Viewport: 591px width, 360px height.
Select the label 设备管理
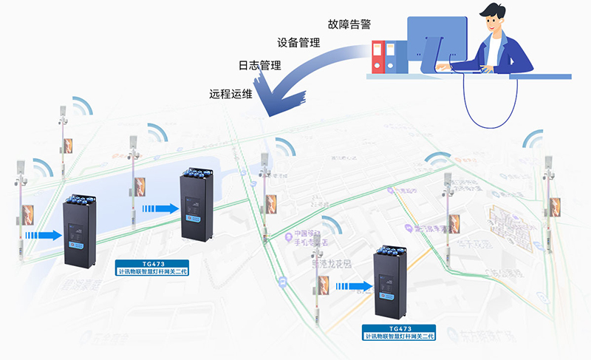pyautogui.click(x=298, y=43)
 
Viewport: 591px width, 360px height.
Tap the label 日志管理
pyautogui.click(x=259, y=66)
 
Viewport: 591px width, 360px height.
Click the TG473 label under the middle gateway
pyautogui.click(x=153, y=268)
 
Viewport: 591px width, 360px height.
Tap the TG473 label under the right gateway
pyautogui.click(x=400, y=332)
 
